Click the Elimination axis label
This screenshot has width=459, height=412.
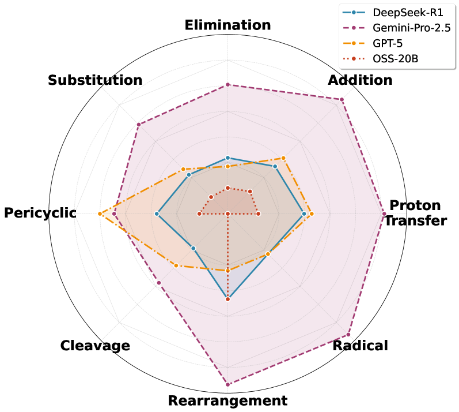point(227,25)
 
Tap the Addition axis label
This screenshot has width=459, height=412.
point(360,80)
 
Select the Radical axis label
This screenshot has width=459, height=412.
point(361,345)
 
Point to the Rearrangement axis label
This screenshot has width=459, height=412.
point(227,400)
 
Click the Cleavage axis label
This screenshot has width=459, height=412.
point(95,346)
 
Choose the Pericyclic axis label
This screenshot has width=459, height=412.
point(40,213)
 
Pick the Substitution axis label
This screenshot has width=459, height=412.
point(95,80)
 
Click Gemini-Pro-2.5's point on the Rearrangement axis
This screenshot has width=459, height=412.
point(227,384)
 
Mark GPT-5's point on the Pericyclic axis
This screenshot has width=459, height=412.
point(100,214)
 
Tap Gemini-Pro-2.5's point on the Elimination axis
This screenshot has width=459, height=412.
point(227,85)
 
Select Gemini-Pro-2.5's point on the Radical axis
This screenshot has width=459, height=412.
point(348,335)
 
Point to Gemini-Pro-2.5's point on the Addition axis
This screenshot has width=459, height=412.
point(342,100)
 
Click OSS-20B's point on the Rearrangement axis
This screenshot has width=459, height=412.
point(227,299)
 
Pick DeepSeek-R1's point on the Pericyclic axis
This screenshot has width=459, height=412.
point(157,214)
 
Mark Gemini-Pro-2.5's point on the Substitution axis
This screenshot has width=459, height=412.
point(139,125)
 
